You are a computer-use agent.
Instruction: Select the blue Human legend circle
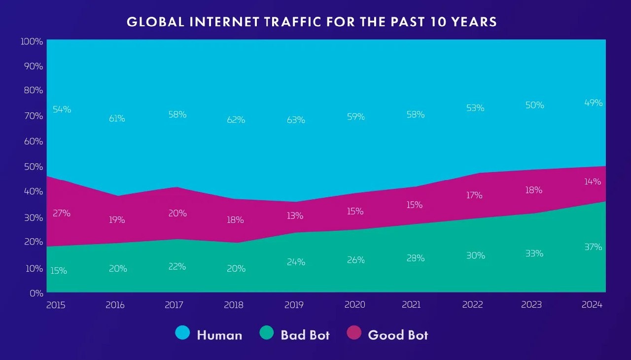182,334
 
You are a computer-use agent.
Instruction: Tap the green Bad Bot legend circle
266,334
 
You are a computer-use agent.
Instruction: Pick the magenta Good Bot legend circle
353,334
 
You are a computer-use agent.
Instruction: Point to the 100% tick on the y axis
32,41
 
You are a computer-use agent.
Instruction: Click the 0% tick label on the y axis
36,293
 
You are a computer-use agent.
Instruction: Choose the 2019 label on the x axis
294,305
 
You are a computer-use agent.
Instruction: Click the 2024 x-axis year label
592,305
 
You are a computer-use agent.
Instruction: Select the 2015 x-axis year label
56,305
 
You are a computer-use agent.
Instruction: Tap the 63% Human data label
296,120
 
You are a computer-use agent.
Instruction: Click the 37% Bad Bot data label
593,247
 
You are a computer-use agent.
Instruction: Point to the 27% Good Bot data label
62,214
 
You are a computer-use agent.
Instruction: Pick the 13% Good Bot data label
294,216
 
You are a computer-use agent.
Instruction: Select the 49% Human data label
594,103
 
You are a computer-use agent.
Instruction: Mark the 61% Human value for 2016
117,119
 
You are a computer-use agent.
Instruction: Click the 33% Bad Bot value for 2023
534,253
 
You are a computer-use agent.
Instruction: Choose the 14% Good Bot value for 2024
593,181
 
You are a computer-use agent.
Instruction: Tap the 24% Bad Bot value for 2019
296,262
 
